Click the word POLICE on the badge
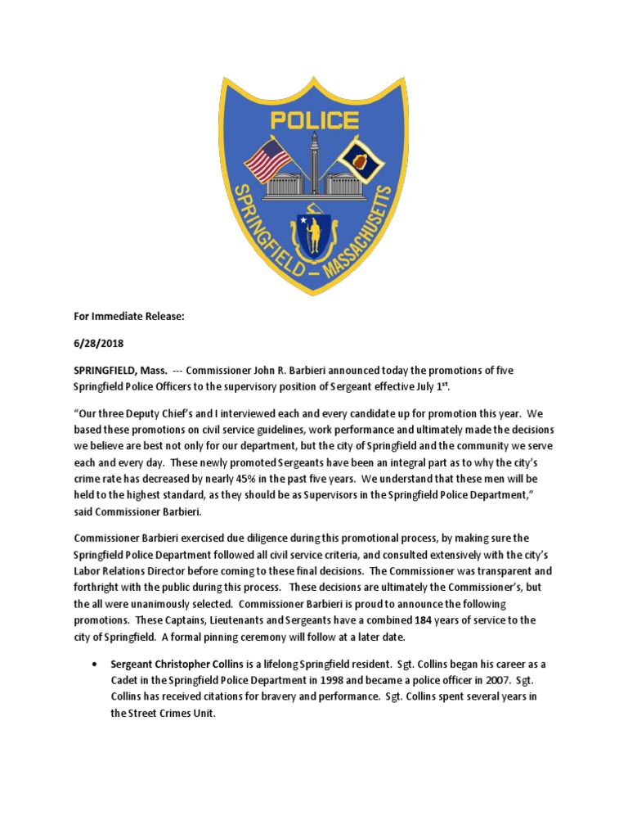click(x=314, y=121)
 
